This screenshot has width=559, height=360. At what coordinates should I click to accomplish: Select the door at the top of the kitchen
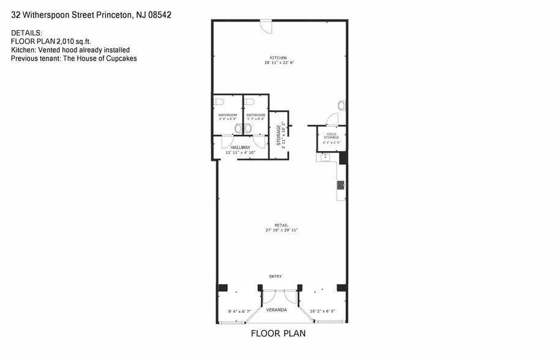click(x=266, y=26)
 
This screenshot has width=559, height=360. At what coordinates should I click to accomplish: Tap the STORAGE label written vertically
click(x=279, y=134)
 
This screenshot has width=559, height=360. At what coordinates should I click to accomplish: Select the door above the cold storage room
click(x=332, y=119)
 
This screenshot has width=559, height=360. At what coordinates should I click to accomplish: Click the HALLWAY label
click(x=240, y=148)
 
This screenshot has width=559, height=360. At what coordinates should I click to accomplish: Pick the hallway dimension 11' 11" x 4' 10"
click(x=240, y=152)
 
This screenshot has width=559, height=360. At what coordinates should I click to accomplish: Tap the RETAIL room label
click(x=282, y=225)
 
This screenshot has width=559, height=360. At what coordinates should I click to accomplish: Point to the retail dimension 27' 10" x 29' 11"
click(x=282, y=230)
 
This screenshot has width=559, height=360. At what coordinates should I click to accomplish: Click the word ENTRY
click(x=275, y=276)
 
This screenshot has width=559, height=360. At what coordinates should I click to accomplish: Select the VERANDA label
click(x=277, y=310)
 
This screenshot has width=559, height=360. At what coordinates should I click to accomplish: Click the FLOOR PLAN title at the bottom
click(x=279, y=334)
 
